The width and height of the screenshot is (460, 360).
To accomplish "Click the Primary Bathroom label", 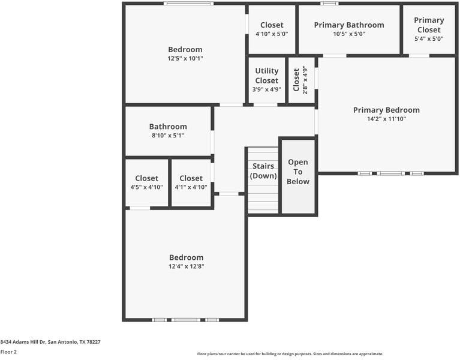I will tap(349, 25).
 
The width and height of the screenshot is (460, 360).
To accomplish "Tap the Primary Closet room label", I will tap(429, 25).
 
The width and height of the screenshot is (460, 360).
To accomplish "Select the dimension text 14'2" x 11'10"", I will tap(386, 119).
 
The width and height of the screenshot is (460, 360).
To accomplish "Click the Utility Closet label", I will tap(266, 76).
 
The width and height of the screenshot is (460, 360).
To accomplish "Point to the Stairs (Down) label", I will tap(263, 171).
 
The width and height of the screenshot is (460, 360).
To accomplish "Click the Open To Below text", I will tap(298, 172).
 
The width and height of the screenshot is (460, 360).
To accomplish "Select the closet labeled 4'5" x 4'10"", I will tap(146, 182).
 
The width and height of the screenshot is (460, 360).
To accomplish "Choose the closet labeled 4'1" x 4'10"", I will tap(191, 182).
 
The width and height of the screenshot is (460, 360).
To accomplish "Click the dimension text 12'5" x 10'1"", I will tap(185, 59).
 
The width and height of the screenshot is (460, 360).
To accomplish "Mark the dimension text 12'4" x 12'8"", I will tap(186, 266).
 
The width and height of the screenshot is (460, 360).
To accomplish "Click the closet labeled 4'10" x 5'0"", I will tap(272, 29).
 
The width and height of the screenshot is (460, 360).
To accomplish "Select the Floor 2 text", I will tap(8, 352).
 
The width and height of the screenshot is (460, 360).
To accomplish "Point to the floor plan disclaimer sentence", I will tap(290, 354).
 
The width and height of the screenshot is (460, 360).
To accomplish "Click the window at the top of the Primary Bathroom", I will tap(329, 4).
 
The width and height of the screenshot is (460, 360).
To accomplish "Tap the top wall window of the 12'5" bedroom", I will tap(188, 4).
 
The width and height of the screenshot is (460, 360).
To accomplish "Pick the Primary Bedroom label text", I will tap(386, 110).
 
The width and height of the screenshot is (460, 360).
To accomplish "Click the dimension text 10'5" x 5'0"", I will tap(349, 34).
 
